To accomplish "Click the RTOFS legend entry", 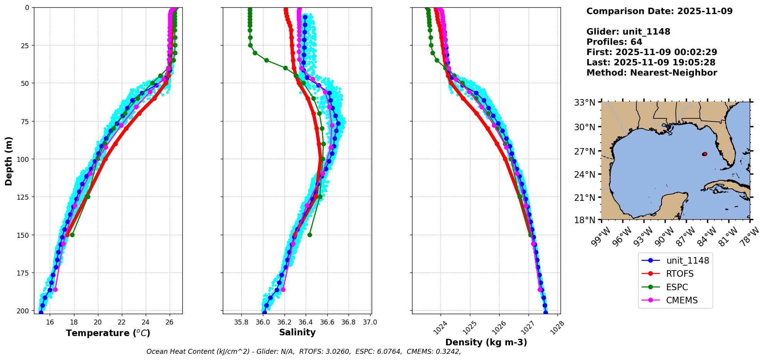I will tap(680, 274).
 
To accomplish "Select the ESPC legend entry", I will tap(677, 287).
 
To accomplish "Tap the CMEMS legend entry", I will tap(682, 300).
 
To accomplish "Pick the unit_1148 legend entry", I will tap(687, 261).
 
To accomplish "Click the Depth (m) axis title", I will tap(9, 161).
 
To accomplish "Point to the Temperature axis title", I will tap(108, 333).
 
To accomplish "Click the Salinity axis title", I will tap(297, 332).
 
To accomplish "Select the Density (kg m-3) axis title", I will tap(486, 342).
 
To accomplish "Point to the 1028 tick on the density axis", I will tap(557, 328).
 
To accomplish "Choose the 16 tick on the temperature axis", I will tap(50, 322).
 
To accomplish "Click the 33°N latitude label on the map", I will tap(585, 103).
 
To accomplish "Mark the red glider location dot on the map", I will tap(705, 154).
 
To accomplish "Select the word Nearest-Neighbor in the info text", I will tap(674, 73).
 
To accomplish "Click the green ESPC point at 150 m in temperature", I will tap(72, 235).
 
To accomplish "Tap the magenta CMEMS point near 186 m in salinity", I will tap(283, 289).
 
